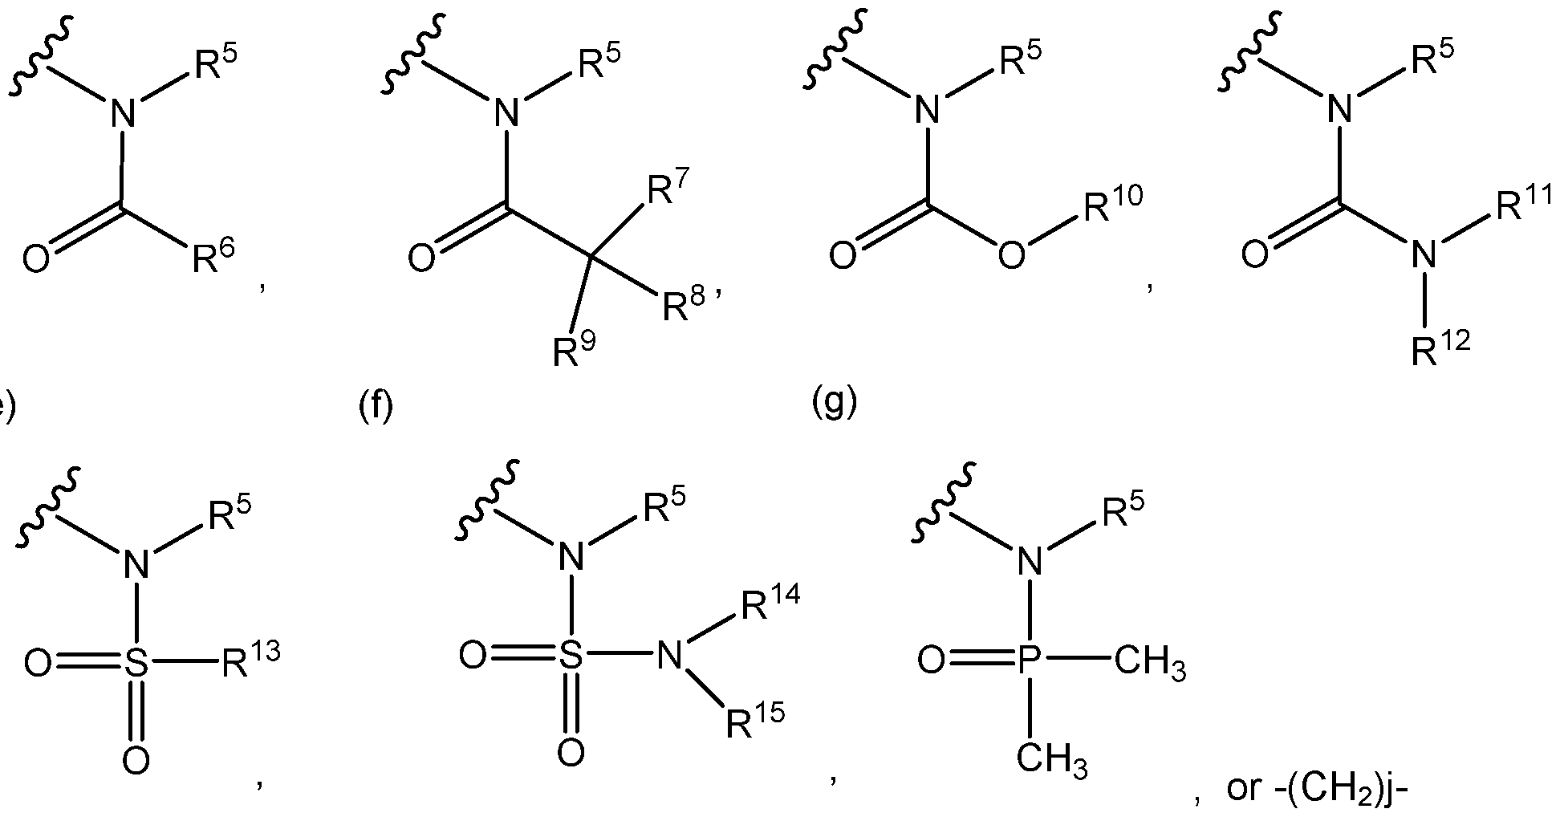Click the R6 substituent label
coord(213,258)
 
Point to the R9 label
coord(573,350)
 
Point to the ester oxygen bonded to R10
coord(1012,255)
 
